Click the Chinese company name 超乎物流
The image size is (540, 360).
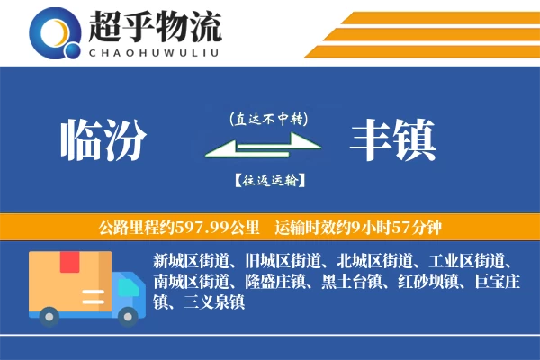click(156, 28)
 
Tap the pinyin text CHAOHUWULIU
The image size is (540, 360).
click(155, 51)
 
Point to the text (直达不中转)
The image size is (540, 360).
click(268, 118)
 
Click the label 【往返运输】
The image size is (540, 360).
click(268, 181)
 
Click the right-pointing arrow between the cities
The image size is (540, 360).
click(270, 140)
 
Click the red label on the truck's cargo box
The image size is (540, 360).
click(69, 264)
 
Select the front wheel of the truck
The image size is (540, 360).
click(130, 314)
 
